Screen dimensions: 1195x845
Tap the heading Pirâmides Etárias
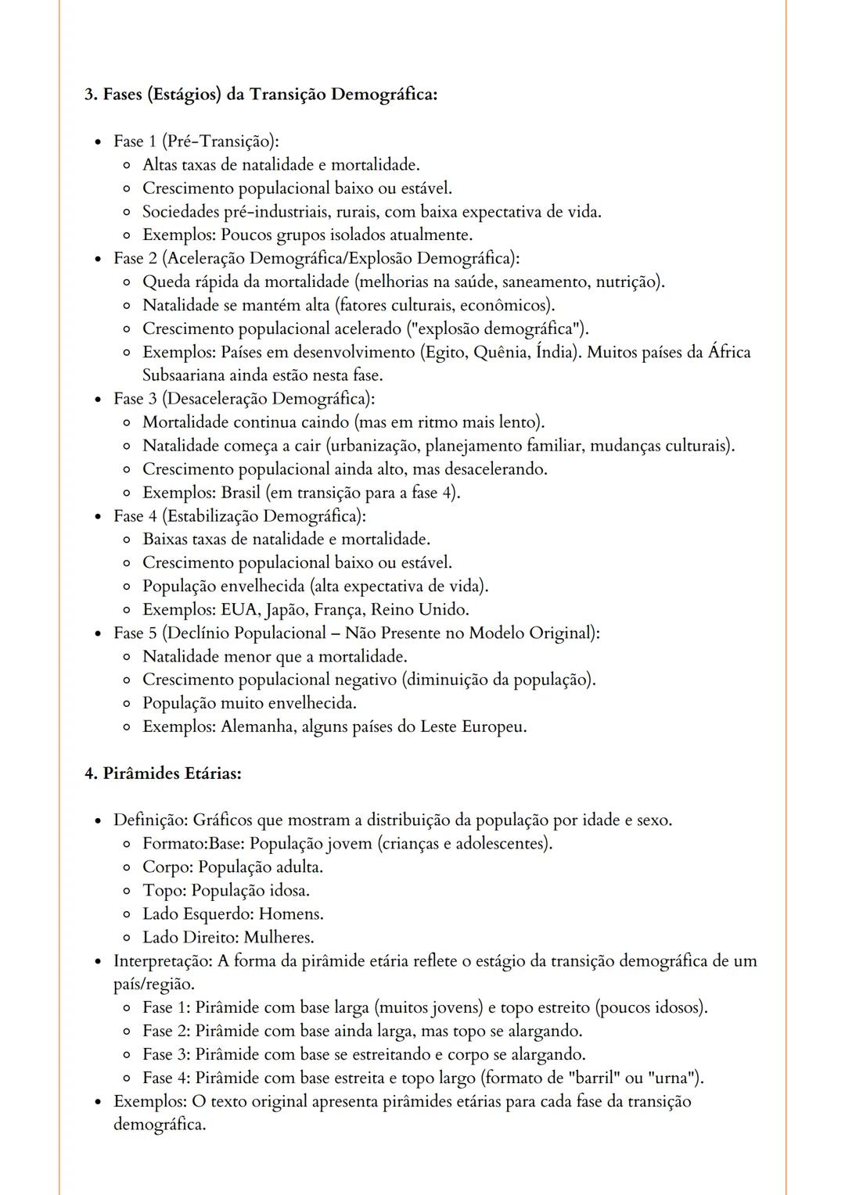point(171,774)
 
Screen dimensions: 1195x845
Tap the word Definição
point(149,820)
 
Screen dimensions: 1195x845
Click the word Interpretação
point(160,961)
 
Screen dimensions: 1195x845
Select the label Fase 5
point(135,633)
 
